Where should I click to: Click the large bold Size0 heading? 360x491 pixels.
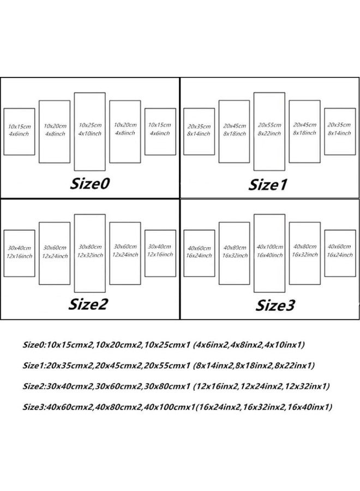tap(89, 183)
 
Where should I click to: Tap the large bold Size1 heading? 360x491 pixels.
tap(268, 185)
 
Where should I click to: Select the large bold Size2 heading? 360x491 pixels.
tap(88, 304)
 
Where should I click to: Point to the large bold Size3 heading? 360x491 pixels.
tap(275, 306)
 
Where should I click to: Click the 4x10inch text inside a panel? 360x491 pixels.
tap(90, 134)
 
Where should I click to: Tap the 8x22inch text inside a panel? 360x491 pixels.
tap(269, 134)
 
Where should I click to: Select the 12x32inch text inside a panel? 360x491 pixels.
tap(90, 255)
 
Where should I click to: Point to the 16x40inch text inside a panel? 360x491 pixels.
tap(269, 255)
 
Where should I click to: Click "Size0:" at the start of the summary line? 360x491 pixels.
tap(34, 345)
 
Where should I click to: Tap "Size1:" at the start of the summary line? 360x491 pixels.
tap(34, 366)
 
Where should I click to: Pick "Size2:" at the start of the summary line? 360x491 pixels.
tap(34, 386)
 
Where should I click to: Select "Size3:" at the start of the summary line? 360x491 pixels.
tap(34, 407)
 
